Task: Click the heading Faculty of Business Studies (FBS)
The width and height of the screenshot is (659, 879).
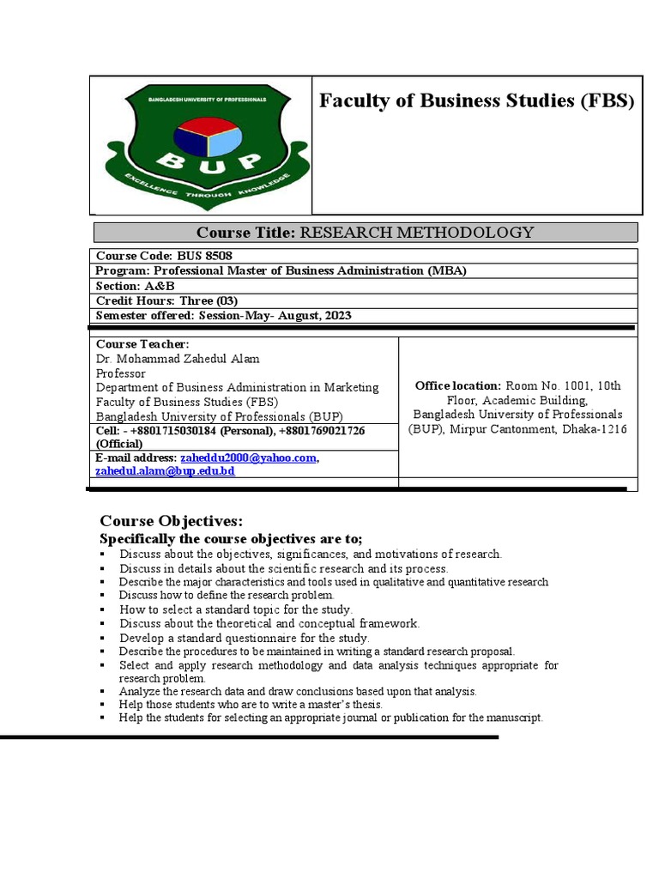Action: [477, 101]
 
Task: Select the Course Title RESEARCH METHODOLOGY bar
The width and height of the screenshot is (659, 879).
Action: [365, 233]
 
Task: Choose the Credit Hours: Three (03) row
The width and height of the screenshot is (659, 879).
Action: [166, 300]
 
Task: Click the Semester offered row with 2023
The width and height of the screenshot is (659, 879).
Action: [223, 315]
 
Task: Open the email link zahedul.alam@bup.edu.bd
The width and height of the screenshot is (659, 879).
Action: [165, 471]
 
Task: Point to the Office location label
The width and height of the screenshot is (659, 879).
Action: [457, 386]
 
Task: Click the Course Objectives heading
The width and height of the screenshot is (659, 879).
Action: [172, 521]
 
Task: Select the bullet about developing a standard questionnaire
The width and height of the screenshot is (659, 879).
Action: [245, 638]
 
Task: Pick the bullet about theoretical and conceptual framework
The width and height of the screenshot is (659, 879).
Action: [269, 624]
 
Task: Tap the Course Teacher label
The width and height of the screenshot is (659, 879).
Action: [142, 344]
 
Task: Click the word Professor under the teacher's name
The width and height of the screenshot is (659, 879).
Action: [120, 373]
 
